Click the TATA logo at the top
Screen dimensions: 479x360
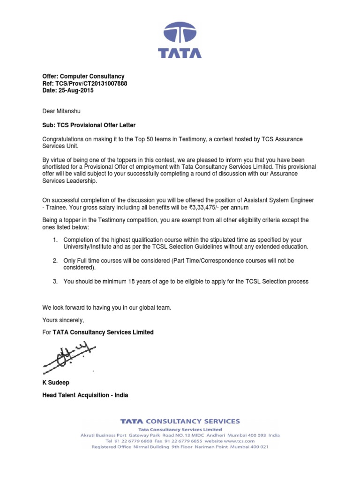(180, 40)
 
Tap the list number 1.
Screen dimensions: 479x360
(55, 240)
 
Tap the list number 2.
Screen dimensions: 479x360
(55, 261)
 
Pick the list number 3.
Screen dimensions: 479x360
(55, 281)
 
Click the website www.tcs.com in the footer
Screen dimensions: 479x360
(240, 441)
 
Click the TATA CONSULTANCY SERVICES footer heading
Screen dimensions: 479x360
(180, 421)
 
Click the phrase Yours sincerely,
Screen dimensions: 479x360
(63, 320)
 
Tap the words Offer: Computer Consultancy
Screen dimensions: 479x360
(83, 76)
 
